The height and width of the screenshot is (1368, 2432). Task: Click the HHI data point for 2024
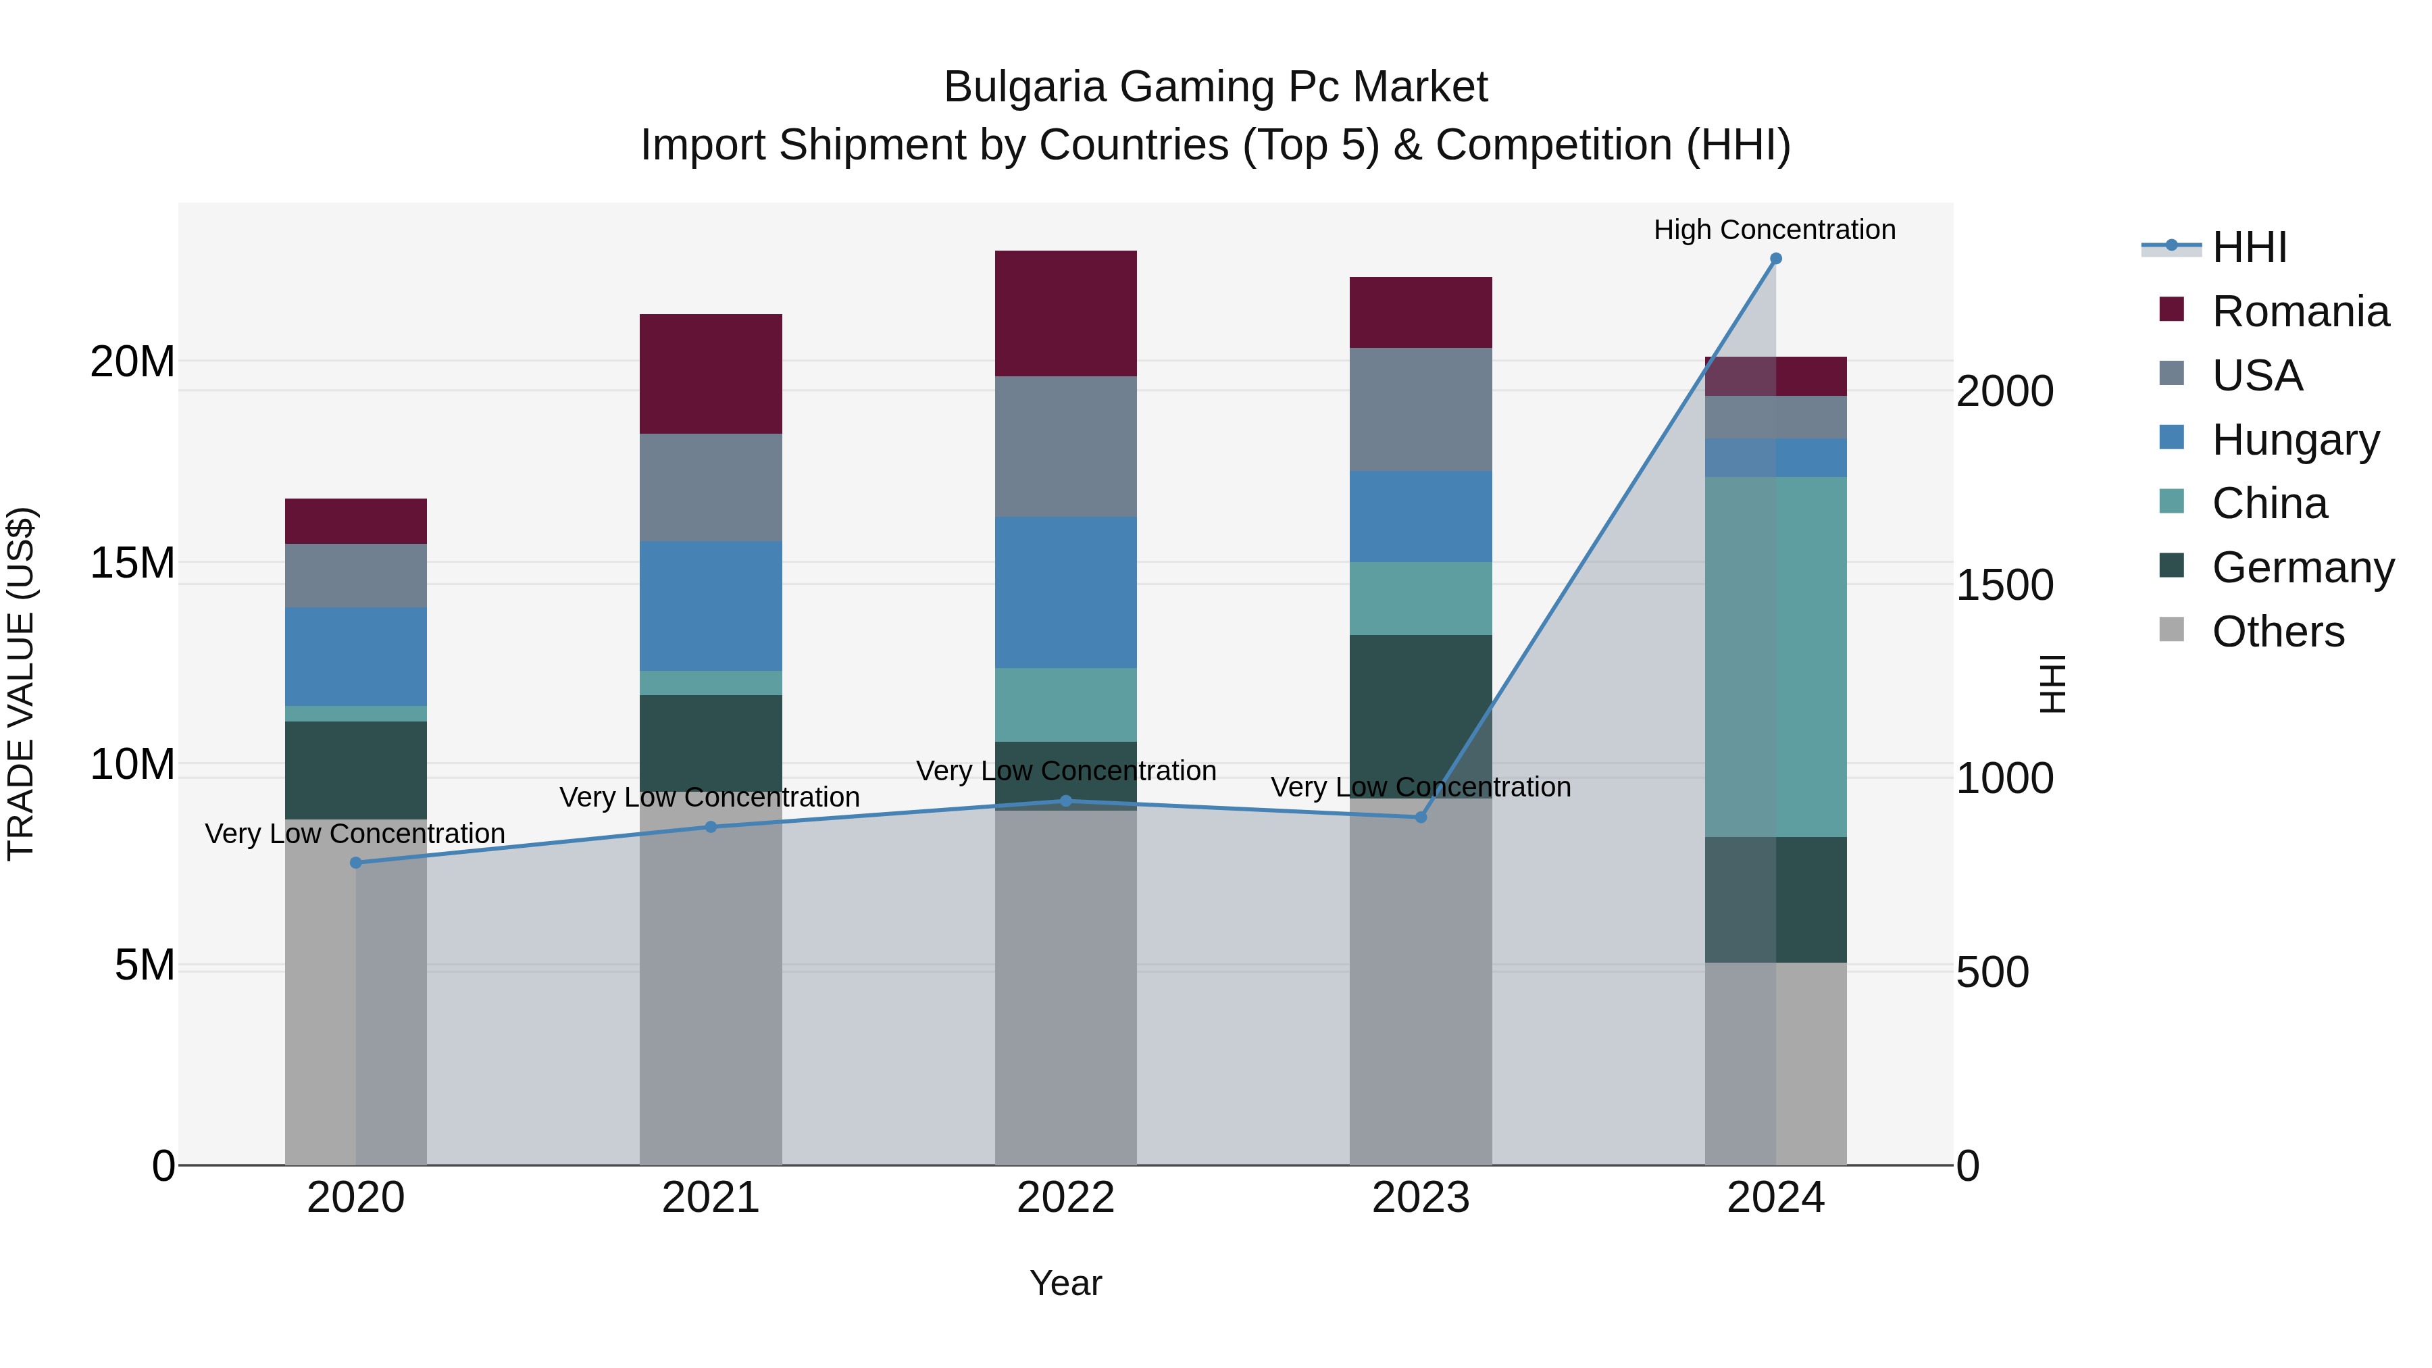[1775, 259]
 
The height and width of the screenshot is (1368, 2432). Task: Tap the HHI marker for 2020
[356, 862]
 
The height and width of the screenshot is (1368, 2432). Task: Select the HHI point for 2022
[1066, 801]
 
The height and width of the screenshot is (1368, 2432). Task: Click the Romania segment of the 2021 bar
[711, 374]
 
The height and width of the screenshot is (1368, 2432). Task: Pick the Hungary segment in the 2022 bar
[1066, 592]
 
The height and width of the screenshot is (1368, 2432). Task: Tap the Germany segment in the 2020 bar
[356, 769]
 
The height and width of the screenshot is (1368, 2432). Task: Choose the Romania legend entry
[2300, 311]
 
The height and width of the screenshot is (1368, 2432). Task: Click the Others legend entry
[2277, 632]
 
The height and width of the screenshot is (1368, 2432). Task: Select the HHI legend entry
[2249, 247]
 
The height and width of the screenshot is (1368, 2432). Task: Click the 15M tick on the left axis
[132, 563]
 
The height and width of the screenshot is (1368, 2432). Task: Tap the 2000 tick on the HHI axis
[2004, 391]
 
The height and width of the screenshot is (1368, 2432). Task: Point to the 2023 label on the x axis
[1421, 1198]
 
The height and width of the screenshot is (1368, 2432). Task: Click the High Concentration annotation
[1775, 230]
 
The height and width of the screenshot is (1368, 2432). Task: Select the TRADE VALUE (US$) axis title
[22, 684]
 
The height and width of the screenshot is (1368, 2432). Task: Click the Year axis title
[1066, 1283]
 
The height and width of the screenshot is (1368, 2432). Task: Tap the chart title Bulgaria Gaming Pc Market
[1215, 87]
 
